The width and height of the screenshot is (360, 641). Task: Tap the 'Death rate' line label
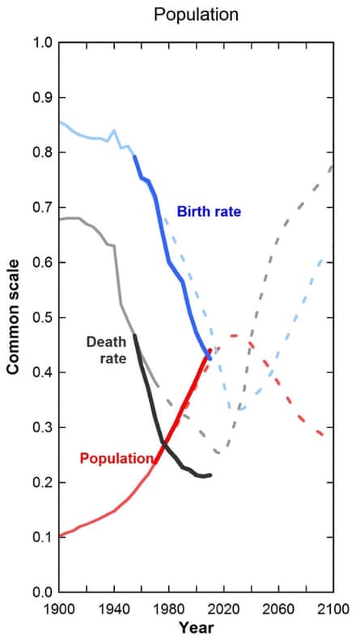pyautogui.click(x=104, y=348)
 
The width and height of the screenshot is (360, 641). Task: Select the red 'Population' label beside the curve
pyautogui.click(x=116, y=458)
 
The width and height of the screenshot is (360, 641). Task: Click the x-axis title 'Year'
pyautogui.click(x=196, y=627)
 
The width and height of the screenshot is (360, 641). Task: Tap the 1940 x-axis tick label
pyautogui.click(x=114, y=608)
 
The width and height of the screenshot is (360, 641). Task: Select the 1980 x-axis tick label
pyautogui.click(x=168, y=608)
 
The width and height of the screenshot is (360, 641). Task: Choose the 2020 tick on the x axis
pyautogui.click(x=223, y=608)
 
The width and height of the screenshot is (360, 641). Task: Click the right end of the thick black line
pyautogui.click(x=211, y=475)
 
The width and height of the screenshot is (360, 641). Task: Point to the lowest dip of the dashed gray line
pyautogui.click(x=218, y=452)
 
